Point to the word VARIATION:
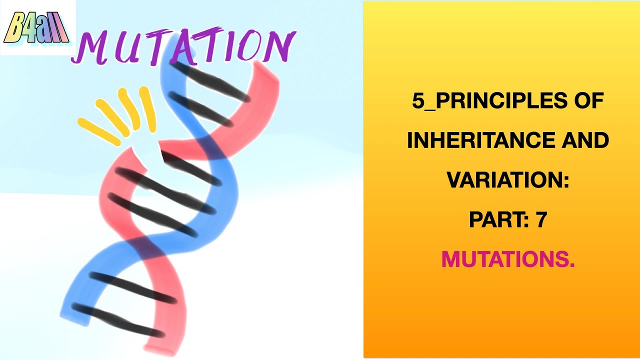[x=508, y=180]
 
